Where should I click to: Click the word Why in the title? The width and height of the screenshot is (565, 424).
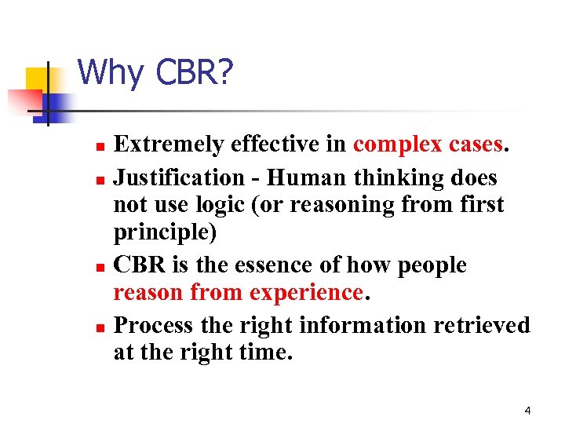point(111,73)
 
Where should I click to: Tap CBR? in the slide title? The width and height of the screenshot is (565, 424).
point(194,73)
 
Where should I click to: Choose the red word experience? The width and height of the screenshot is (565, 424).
point(306,293)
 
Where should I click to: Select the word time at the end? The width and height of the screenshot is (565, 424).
point(262,353)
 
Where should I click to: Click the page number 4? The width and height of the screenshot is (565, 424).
point(527,409)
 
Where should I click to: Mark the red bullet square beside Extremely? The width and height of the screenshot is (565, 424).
point(98,146)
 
